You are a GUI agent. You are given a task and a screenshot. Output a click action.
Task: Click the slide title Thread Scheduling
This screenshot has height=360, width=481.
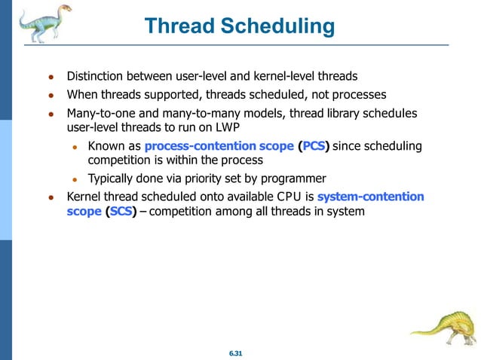coord(240,27)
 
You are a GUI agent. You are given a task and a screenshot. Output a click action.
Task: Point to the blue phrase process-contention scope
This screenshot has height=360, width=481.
coord(219,145)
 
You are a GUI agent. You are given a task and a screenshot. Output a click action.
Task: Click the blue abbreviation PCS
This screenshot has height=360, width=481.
coord(314,145)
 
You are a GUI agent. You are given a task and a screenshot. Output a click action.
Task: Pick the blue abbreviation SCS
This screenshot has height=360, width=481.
coord(121,212)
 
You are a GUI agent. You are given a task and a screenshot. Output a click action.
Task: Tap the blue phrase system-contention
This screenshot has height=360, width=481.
coord(371,197)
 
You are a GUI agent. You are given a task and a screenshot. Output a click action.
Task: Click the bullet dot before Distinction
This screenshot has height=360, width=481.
coord(50,78)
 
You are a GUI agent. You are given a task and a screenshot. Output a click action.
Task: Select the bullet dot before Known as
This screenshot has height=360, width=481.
coord(75,146)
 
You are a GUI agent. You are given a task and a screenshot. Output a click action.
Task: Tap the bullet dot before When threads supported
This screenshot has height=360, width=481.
coord(50,96)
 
